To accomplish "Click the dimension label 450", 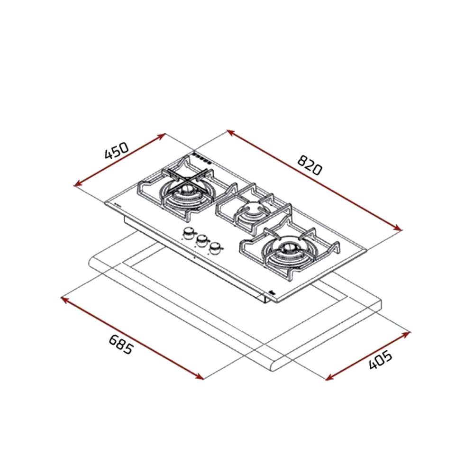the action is pyautogui.click(x=117, y=150).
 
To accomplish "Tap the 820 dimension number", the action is pyautogui.click(x=309, y=165).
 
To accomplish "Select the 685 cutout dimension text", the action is pyautogui.click(x=120, y=344).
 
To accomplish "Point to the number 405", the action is pyautogui.click(x=381, y=360).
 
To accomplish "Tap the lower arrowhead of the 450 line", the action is pyautogui.click(x=78, y=183).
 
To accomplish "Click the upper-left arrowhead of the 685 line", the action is pyautogui.click(x=65, y=299).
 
